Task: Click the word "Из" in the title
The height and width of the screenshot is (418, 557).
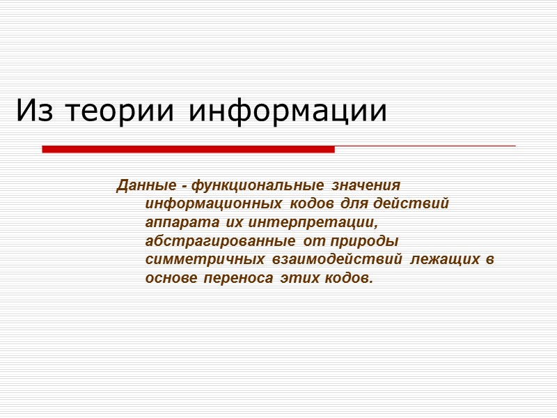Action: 31,111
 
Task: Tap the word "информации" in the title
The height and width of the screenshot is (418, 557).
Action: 288,111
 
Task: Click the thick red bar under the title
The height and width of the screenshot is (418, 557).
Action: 188,149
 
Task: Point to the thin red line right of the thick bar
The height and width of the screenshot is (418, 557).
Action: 425,146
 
